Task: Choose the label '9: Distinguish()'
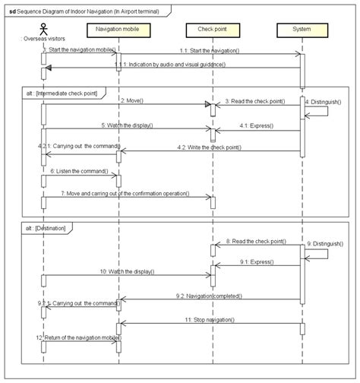(327, 244)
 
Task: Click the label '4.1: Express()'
(257, 125)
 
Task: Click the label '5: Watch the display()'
(127, 125)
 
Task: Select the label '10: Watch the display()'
(127, 271)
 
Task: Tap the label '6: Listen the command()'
(76, 172)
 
